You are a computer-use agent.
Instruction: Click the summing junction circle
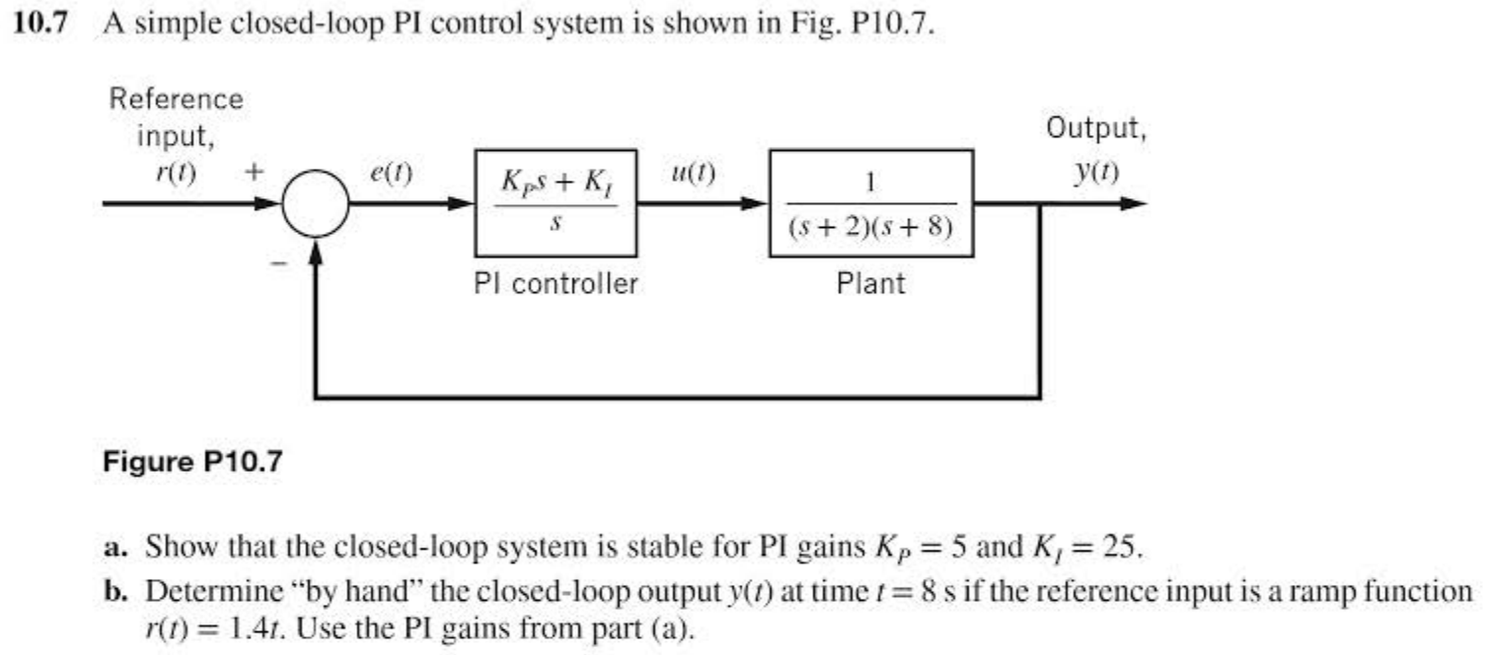click(316, 205)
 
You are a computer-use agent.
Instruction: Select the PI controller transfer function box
click(555, 203)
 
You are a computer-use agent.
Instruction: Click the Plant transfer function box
click(871, 203)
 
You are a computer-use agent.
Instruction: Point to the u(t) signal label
click(692, 176)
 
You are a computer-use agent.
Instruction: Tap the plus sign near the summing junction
click(254, 172)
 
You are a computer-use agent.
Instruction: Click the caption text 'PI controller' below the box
click(556, 285)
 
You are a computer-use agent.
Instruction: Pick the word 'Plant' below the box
click(870, 285)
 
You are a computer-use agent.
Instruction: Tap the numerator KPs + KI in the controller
click(556, 183)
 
